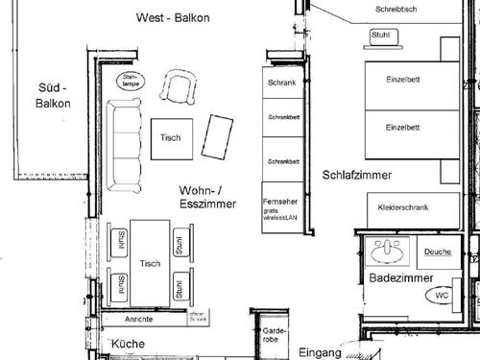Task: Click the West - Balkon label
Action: point(174,18)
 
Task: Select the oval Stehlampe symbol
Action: point(130,81)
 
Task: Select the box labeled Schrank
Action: point(282,83)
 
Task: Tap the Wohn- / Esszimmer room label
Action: point(206,197)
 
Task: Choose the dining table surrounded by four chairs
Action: point(150,262)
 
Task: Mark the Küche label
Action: point(128,344)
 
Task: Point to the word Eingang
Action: point(320,352)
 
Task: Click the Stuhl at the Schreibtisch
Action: point(377,36)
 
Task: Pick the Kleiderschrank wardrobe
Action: point(403,207)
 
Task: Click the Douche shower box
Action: point(437,252)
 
